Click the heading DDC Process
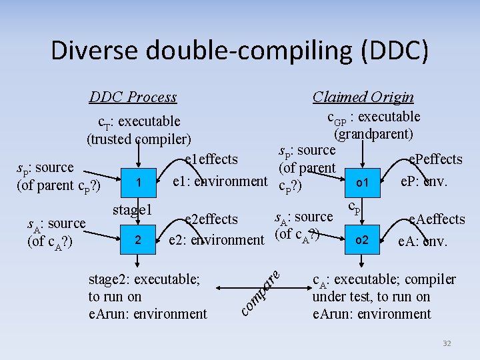click(133, 97)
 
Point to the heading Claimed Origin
click(363, 97)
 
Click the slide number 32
click(447, 343)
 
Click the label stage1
click(133, 210)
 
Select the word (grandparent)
click(373, 133)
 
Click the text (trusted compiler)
click(139, 139)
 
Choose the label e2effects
click(211, 219)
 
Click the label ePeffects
click(435, 159)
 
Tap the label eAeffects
click(437, 219)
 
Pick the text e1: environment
click(220, 181)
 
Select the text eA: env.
click(423, 241)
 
